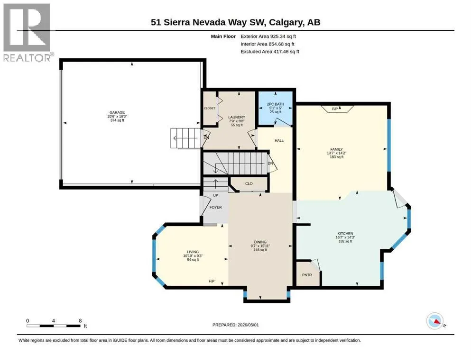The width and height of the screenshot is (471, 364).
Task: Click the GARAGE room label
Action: [x=117, y=112]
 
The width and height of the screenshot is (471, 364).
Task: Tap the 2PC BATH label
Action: [x=276, y=104]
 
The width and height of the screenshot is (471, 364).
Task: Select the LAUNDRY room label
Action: [x=237, y=118]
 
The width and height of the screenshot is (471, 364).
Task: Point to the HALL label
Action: [x=279, y=140]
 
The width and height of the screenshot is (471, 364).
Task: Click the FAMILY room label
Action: [x=336, y=149]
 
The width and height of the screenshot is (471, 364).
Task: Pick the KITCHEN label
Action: [x=345, y=233]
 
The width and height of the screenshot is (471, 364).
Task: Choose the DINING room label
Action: [x=260, y=242]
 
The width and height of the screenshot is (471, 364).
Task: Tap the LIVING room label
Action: [x=193, y=252]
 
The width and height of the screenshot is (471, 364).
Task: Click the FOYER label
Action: [x=216, y=208]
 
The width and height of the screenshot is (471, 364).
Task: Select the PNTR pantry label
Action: [x=307, y=275]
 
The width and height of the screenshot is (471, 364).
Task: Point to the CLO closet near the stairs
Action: [x=249, y=183]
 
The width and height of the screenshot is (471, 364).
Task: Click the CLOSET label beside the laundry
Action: [x=210, y=109]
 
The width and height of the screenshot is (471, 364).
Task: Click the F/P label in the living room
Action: [x=212, y=281]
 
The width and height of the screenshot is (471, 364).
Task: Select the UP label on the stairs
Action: [x=216, y=195]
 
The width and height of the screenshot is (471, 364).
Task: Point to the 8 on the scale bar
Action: [x=80, y=321]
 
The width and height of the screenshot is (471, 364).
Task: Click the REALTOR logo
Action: [x=27, y=32]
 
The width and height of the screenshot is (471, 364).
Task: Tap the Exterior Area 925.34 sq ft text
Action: [x=268, y=36]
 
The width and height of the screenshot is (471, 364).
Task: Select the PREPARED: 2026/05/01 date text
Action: [x=235, y=325]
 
